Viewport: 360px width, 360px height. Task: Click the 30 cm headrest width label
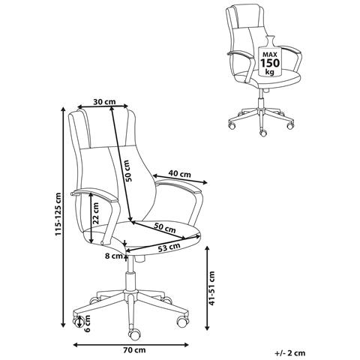click(x=104, y=102)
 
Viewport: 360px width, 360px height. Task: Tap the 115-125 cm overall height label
click(x=58, y=214)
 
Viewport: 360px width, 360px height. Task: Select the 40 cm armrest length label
click(x=179, y=173)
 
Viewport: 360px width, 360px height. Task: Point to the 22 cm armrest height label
click(x=95, y=213)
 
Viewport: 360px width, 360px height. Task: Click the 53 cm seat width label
click(x=169, y=247)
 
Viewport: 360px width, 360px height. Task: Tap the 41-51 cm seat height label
click(x=212, y=288)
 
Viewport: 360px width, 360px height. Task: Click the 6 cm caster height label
click(x=87, y=323)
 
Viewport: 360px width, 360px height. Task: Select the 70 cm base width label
click(x=134, y=350)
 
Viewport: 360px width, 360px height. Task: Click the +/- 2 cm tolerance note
click(x=290, y=353)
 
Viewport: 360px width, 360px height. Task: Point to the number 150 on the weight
click(x=270, y=63)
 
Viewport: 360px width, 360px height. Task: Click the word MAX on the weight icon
click(x=270, y=54)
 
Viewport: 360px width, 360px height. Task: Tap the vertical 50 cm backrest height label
click(x=127, y=171)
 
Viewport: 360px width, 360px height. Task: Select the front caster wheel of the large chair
click(x=134, y=333)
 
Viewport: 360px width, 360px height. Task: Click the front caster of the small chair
click(x=263, y=133)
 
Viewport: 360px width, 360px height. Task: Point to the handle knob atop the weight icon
click(x=269, y=40)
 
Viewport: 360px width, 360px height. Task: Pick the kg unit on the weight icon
click(x=270, y=73)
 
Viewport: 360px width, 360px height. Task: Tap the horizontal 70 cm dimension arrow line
click(x=130, y=345)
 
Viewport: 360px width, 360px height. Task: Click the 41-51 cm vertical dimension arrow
click(x=207, y=288)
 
